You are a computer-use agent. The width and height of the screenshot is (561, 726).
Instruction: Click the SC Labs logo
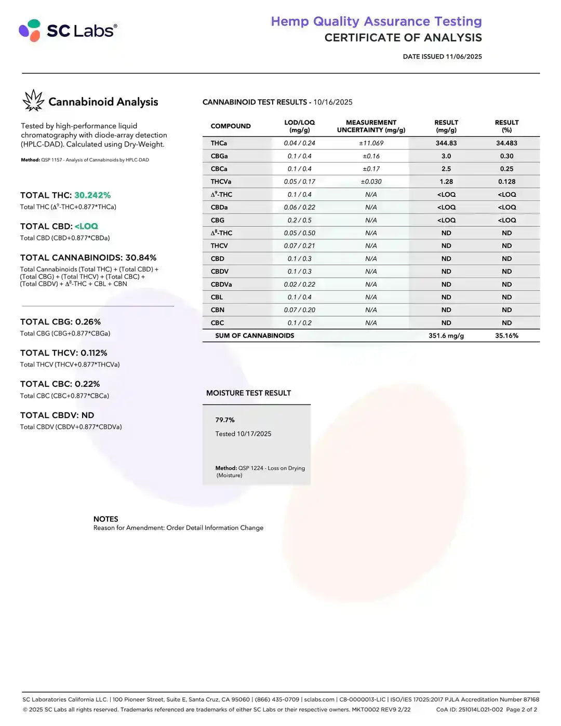[68, 31]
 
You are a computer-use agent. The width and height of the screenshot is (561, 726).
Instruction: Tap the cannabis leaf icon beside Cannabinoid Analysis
[33, 101]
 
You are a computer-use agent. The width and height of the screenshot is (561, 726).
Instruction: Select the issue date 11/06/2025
[463, 57]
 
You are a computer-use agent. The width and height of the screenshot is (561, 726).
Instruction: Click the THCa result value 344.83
[446, 143]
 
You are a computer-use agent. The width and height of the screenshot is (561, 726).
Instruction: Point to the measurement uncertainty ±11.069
[371, 143]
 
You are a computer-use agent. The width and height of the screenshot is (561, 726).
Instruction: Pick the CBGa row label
[219, 156]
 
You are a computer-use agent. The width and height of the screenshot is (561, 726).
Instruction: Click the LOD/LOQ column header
[299, 126]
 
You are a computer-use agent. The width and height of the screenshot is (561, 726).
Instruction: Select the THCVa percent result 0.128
[506, 182]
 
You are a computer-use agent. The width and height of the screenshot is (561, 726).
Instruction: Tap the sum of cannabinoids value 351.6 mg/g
[446, 336]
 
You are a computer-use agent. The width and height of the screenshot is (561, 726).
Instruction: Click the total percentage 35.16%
[506, 336]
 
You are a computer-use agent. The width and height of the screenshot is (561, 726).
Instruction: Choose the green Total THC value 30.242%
[92, 195]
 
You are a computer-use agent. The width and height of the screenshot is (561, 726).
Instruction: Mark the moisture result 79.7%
[225, 420]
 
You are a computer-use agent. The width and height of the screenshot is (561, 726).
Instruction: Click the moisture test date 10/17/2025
[254, 434]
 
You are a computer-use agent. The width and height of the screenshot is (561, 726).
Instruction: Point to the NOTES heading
[105, 519]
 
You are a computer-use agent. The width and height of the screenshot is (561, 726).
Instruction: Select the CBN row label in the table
[218, 310]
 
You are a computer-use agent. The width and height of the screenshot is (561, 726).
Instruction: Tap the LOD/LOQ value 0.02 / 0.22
[299, 285]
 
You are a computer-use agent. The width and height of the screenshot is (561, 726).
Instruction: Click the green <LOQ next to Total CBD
[86, 226]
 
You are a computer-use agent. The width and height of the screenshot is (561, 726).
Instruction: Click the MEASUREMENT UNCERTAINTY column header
[371, 126]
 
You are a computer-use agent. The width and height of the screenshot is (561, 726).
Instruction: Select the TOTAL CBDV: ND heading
[57, 415]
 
